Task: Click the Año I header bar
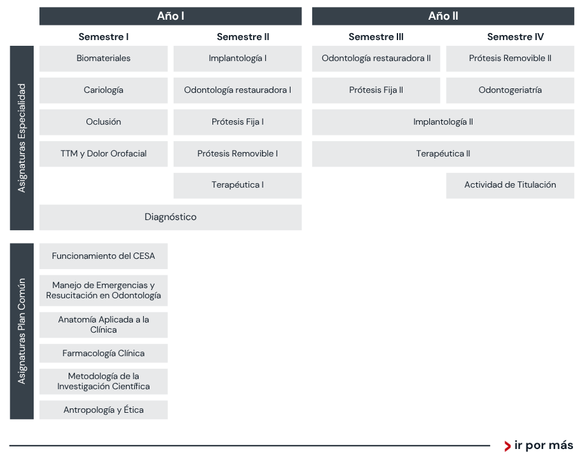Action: pyautogui.click(x=170, y=16)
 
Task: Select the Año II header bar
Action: pyautogui.click(x=443, y=16)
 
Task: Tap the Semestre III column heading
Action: pyautogui.click(x=376, y=37)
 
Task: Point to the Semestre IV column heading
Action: pyautogui.click(x=515, y=37)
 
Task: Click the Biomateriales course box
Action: pyautogui.click(x=104, y=59)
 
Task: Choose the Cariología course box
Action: pyautogui.click(x=104, y=90)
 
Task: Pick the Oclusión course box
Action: pyautogui.click(x=104, y=122)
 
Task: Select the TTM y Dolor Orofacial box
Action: pyautogui.click(x=104, y=154)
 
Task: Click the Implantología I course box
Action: pyautogui.click(x=238, y=59)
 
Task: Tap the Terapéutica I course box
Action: pyautogui.click(x=238, y=186)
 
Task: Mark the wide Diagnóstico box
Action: pyautogui.click(x=170, y=217)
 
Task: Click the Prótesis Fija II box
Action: pyautogui.click(x=376, y=90)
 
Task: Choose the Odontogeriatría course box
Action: pyautogui.click(x=510, y=90)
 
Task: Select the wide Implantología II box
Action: pyautogui.click(x=443, y=122)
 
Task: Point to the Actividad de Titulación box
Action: pyautogui.click(x=510, y=186)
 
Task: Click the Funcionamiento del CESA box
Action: pyautogui.click(x=104, y=256)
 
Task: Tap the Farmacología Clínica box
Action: pyautogui.click(x=104, y=354)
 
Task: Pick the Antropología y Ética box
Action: pyautogui.click(x=104, y=410)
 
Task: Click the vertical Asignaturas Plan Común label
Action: pyautogui.click(x=22, y=331)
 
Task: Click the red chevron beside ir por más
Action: pyautogui.click(x=507, y=446)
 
